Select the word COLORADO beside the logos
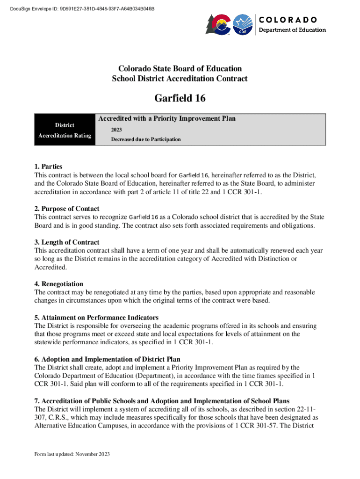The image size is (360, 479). [x=288, y=20]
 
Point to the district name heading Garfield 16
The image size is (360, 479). [x=180, y=99]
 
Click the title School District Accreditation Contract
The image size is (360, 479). [x=180, y=79]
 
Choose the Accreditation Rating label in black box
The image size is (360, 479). [x=65, y=136]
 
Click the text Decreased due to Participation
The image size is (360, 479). [x=146, y=139]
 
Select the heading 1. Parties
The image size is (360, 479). [x=49, y=167]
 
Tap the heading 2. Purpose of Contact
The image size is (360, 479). [x=67, y=209]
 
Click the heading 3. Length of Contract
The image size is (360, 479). [x=67, y=242]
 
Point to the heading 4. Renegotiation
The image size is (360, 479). [x=59, y=284]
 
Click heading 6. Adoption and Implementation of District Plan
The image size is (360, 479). [x=108, y=359]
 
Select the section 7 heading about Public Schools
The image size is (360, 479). [x=162, y=401]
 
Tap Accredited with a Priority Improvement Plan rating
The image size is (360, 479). [x=167, y=119]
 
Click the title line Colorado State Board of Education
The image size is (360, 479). [x=180, y=69]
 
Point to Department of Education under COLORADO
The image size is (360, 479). [x=293, y=30]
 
